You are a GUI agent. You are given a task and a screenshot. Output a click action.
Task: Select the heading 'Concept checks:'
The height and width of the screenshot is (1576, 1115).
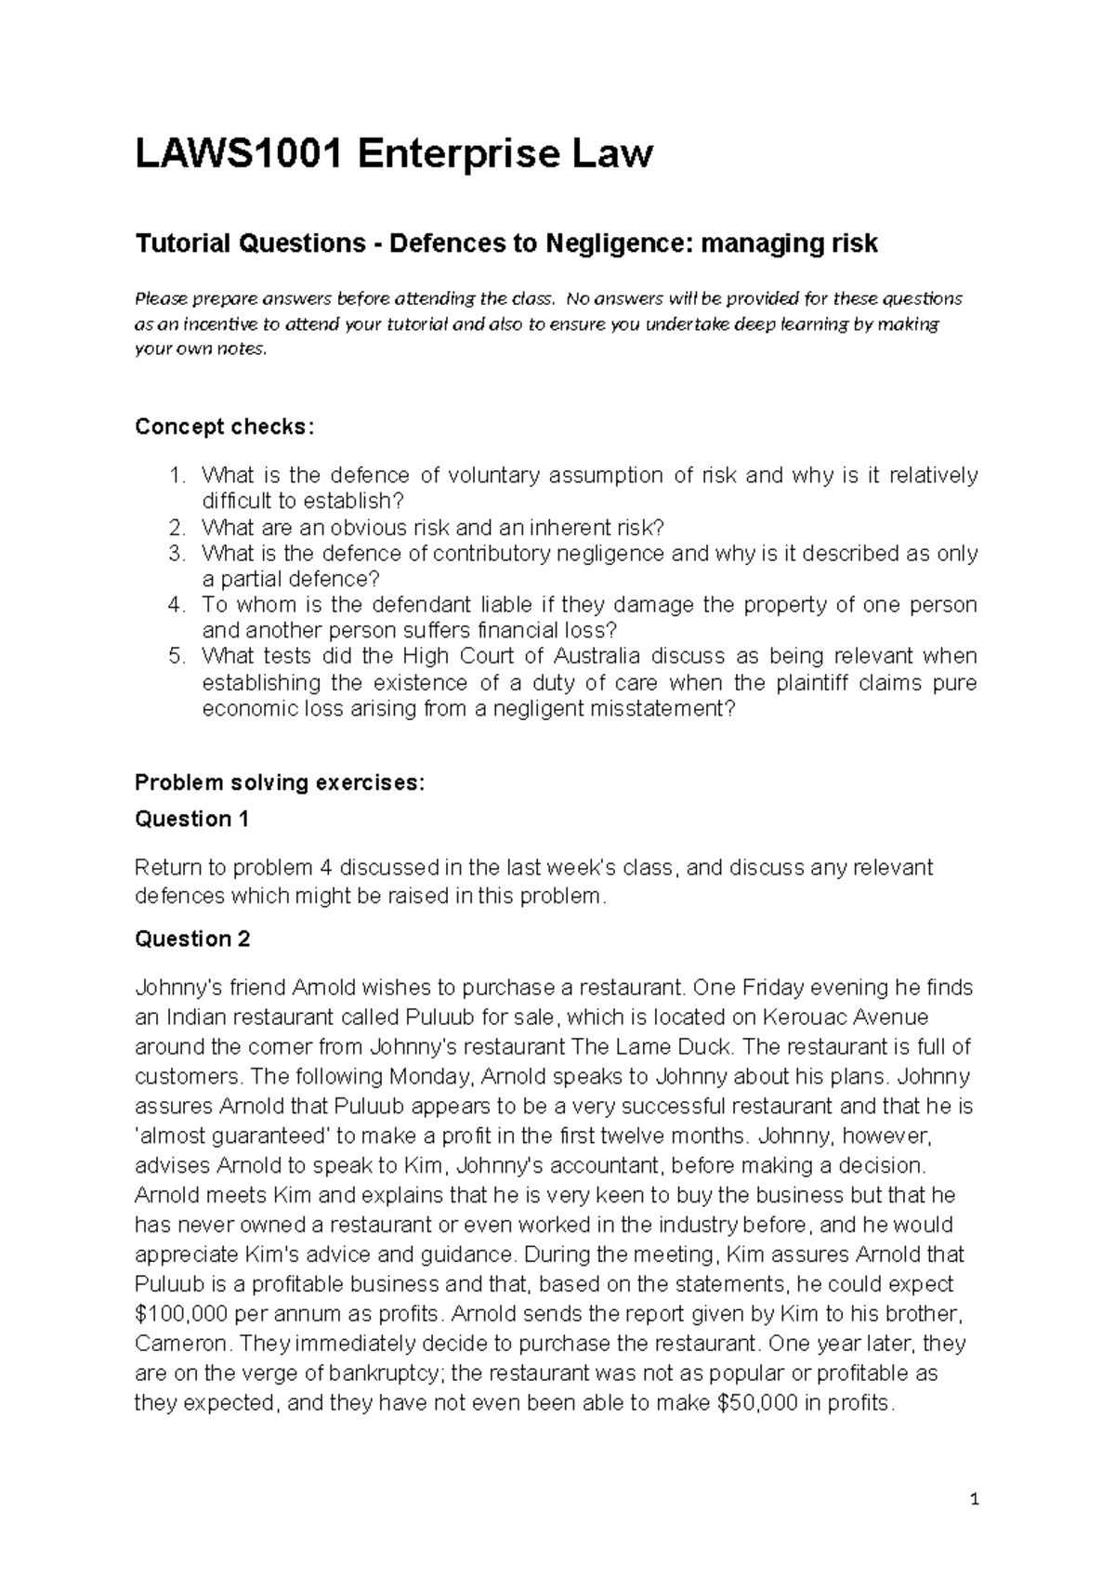[x=225, y=427]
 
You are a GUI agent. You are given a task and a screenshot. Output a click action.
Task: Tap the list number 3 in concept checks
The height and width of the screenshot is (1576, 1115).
[x=177, y=554]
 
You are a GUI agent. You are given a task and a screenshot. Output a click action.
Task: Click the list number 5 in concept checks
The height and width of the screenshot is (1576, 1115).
[x=177, y=656]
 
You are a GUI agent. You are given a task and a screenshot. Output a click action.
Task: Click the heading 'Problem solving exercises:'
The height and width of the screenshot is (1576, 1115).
[x=280, y=782]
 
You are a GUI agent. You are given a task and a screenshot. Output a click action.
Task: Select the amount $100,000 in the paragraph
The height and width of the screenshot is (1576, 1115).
[x=180, y=1315]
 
